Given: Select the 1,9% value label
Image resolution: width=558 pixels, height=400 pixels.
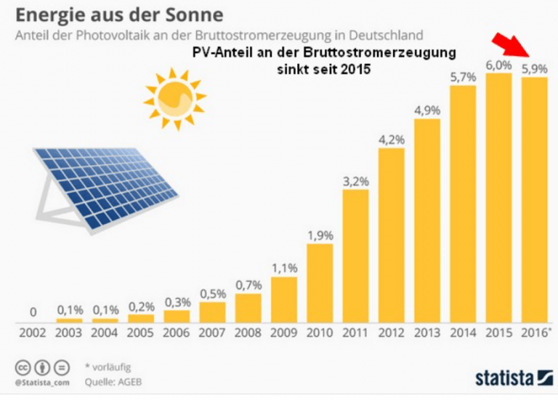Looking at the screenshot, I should [x=320, y=236].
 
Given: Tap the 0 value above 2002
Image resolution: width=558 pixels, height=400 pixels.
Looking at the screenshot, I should [x=33, y=313].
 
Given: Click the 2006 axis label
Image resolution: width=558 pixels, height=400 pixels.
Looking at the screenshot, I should [x=177, y=334].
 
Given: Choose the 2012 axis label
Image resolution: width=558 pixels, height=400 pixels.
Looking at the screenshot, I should [x=392, y=334].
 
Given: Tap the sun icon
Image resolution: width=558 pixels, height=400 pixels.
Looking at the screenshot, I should [x=175, y=98].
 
